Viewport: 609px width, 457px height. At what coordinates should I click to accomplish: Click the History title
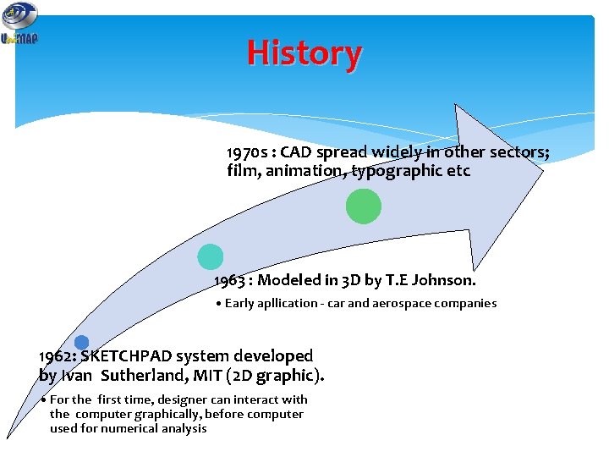click(x=304, y=53)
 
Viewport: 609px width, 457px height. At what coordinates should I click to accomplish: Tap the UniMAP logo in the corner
click(x=19, y=24)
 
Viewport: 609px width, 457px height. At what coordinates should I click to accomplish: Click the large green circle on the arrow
click(x=364, y=206)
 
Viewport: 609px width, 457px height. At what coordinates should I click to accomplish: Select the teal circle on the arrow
click(x=210, y=256)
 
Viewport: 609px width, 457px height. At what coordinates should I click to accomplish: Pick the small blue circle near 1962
click(x=81, y=343)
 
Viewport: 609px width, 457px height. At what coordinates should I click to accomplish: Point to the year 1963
click(x=231, y=280)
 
